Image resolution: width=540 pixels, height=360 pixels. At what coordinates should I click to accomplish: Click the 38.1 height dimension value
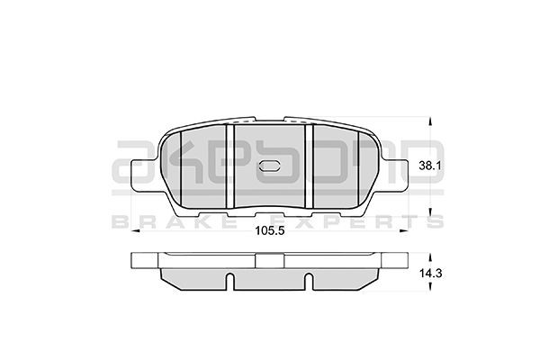pos(430,166)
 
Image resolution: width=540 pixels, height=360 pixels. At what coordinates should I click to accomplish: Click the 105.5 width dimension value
pos(270,230)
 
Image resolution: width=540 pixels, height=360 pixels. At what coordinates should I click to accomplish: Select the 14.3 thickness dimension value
pos(430,274)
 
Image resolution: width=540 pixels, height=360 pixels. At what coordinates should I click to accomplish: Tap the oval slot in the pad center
pos(270,166)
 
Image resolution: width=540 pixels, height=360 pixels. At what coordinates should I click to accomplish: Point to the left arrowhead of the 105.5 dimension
pos(135,231)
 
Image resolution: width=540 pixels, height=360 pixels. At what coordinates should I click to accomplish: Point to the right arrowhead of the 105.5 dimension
pos(403,231)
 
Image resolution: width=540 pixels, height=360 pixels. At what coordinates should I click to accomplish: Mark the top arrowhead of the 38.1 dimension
pos(429,121)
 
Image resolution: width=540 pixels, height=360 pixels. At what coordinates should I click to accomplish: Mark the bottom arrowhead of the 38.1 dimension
pos(429,211)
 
